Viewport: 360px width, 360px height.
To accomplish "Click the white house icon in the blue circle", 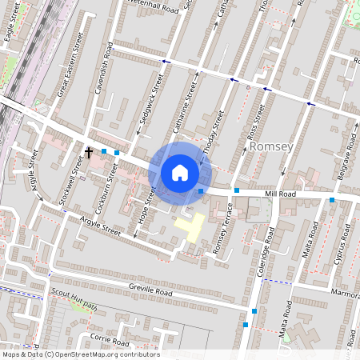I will coord(180,172).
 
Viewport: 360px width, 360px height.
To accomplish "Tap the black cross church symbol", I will coord(89,150).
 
